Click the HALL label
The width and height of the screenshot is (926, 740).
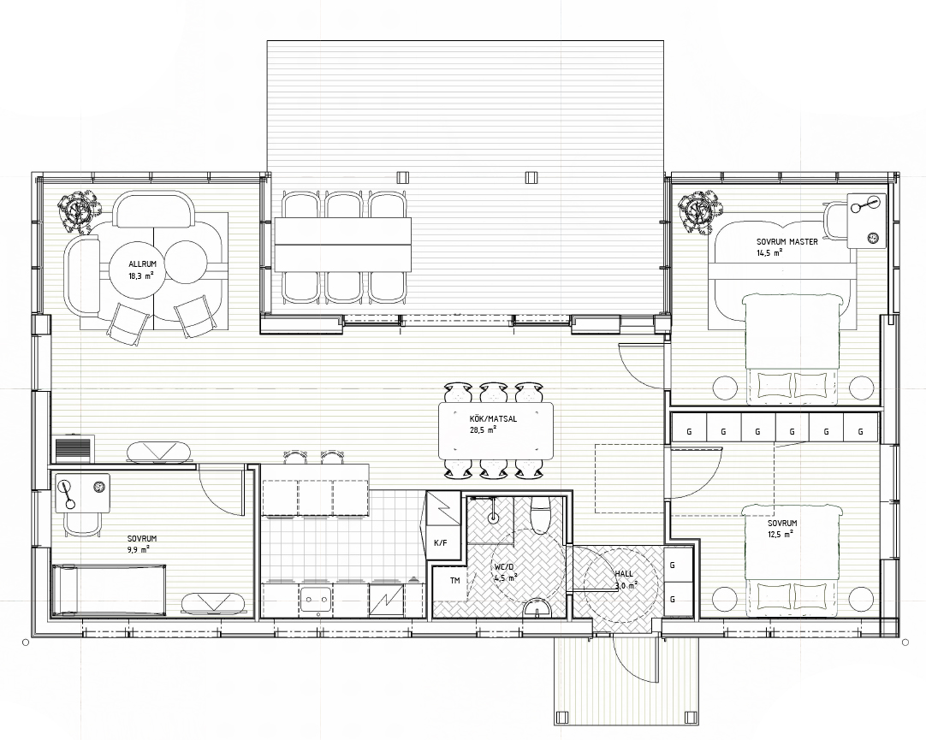coord(624,573)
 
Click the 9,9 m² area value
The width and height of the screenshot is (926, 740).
coord(138,549)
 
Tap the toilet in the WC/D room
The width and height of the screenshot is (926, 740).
coord(541,514)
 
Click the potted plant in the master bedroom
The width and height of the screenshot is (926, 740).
coord(699,210)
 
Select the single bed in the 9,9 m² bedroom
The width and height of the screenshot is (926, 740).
coord(109,590)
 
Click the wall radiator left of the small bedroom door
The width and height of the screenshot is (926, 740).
coord(74,450)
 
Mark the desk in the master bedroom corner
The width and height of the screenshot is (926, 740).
coord(866,220)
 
